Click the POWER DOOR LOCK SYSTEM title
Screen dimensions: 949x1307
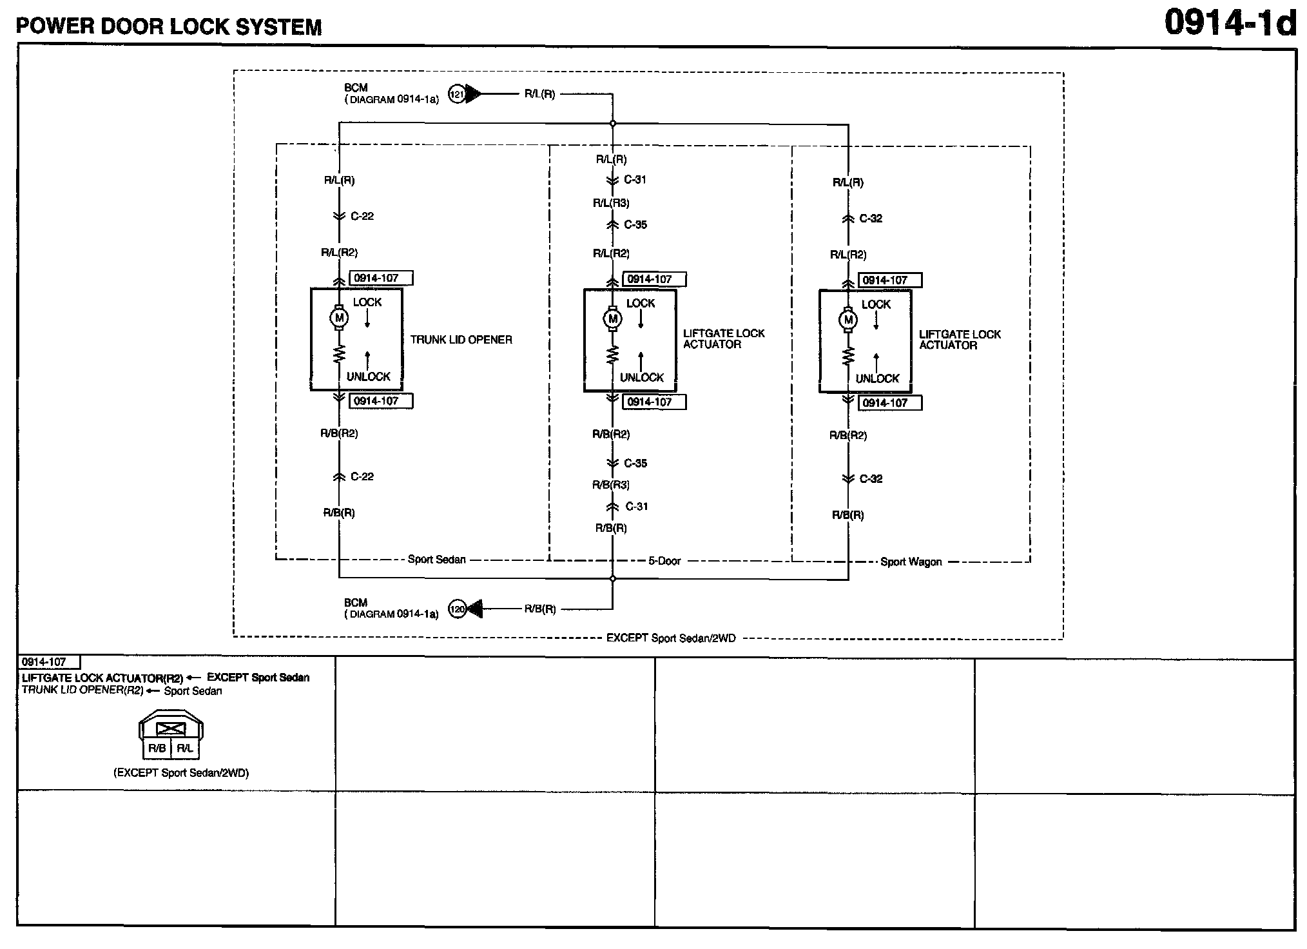[169, 26]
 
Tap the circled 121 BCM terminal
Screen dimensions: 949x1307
[456, 94]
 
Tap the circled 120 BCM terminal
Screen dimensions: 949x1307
[457, 609]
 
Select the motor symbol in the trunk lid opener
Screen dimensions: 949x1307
[339, 317]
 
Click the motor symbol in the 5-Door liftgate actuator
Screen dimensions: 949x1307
[612, 318]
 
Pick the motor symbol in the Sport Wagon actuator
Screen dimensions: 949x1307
[848, 320]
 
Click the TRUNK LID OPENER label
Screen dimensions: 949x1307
[461, 340]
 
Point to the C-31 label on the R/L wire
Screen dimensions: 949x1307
[635, 180]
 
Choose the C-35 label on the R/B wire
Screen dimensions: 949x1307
[635, 463]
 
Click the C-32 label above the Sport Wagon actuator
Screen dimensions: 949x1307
[871, 219]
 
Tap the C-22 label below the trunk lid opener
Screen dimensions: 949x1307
[362, 476]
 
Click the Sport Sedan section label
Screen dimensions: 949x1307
[436, 559]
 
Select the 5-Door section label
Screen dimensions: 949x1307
[664, 561]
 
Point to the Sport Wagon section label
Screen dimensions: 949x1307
[911, 562]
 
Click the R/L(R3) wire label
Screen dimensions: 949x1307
[611, 203]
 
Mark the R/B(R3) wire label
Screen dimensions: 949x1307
[611, 485]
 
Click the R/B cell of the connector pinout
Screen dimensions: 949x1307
[157, 748]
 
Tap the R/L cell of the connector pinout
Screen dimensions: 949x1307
[185, 748]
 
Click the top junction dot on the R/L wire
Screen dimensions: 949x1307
[612, 123]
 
